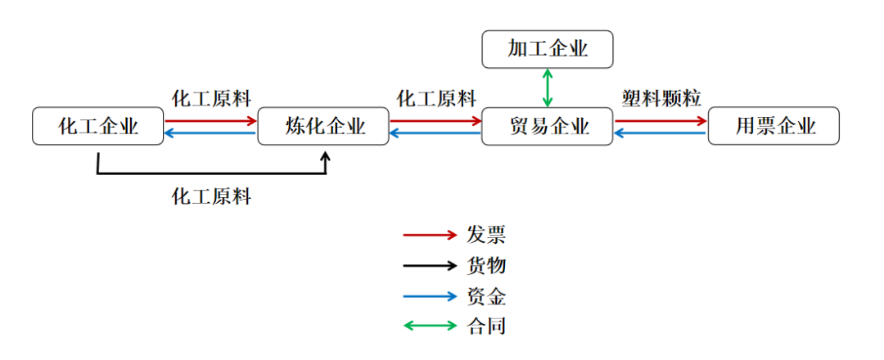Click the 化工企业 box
(x=97, y=126)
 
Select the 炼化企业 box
(x=323, y=126)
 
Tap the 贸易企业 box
(x=548, y=126)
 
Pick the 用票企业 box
(x=774, y=126)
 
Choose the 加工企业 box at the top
(x=548, y=49)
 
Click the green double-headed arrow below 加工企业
(x=548, y=88)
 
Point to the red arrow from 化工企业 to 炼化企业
(x=210, y=120)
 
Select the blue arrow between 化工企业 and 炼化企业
(x=210, y=133)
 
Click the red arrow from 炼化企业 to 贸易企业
(x=435, y=120)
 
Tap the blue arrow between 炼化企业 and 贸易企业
(x=435, y=133)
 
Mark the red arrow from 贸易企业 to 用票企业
(x=661, y=120)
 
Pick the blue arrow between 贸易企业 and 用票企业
(x=661, y=133)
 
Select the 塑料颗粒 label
(x=661, y=99)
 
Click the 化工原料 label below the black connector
(x=211, y=196)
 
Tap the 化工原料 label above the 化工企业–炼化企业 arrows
(x=211, y=99)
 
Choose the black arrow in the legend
(x=429, y=265)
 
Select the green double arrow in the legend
(x=429, y=326)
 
